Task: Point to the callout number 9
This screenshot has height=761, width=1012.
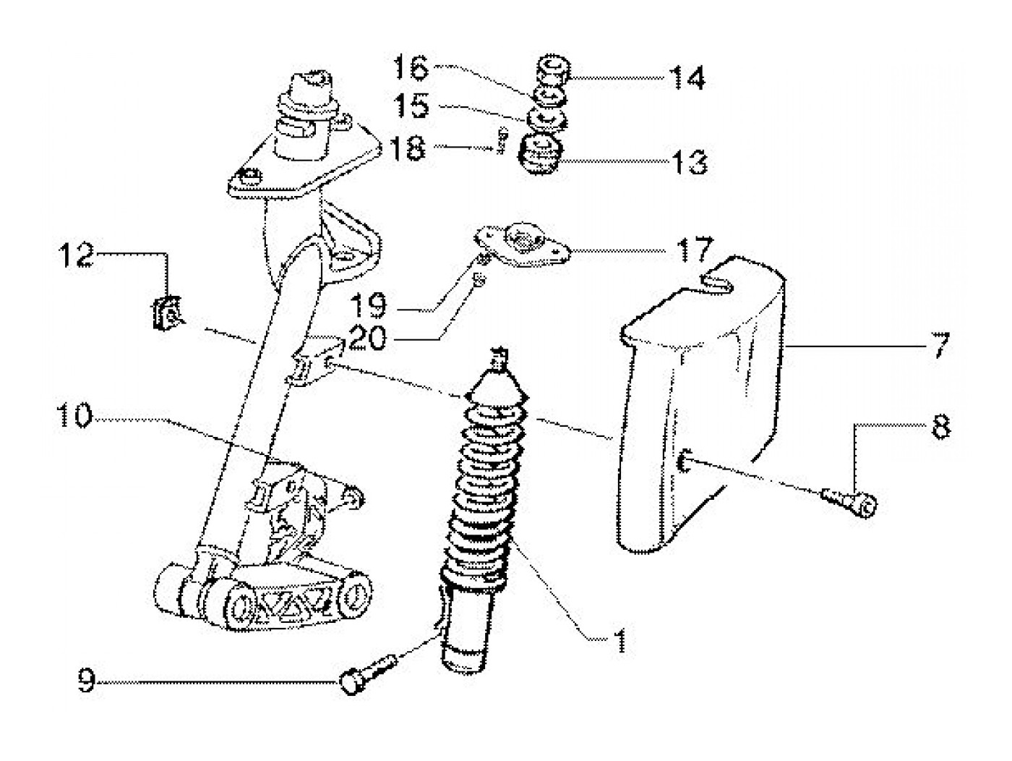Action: (87, 681)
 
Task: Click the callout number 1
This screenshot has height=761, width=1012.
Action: (618, 639)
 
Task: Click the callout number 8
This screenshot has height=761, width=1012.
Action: (940, 428)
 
